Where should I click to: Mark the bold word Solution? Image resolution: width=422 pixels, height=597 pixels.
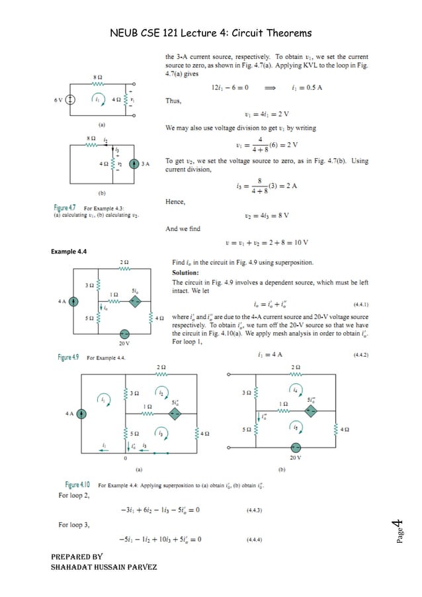pyautogui.click(x=185, y=273)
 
